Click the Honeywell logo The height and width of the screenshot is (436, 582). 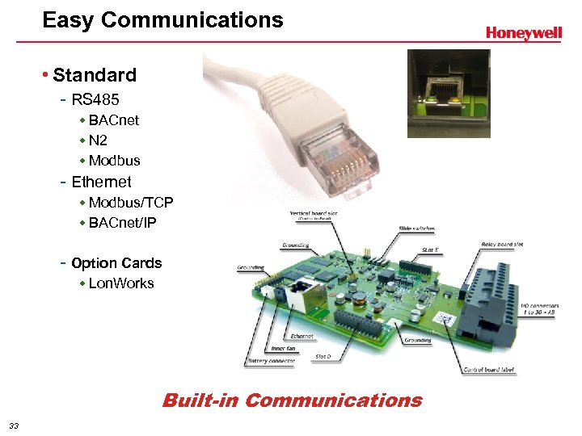[x=523, y=33]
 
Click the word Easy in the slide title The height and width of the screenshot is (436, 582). [x=65, y=20]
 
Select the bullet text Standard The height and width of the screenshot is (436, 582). [x=95, y=76]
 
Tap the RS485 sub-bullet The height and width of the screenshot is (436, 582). [x=95, y=100]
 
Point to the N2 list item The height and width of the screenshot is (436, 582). [x=98, y=140]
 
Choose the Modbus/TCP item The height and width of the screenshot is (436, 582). [x=131, y=203]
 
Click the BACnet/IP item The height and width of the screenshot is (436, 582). [x=123, y=223]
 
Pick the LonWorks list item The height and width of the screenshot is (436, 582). [x=121, y=283]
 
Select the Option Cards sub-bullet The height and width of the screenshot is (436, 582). [x=116, y=263]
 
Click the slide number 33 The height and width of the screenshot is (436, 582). [x=13, y=426]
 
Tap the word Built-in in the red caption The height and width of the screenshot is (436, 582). [x=200, y=400]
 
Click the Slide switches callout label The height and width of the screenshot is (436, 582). [x=415, y=228]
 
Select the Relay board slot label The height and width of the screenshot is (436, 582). [x=502, y=244]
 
